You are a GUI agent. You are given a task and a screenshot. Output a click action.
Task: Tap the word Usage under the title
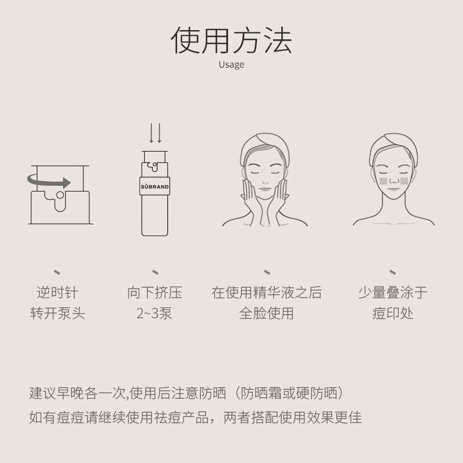click(x=231, y=65)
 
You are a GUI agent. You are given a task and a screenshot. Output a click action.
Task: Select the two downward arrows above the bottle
click(x=155, y=132)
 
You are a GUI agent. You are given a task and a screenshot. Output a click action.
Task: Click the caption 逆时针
click(x=57, y=293)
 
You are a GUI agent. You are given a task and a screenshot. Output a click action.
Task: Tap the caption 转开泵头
click(x=57, y=314)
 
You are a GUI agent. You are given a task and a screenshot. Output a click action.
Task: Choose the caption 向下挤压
click(x=155, y=293)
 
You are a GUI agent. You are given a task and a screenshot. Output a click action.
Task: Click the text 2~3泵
click(x=155, y=314)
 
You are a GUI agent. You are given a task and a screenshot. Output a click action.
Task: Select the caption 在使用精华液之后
click(x=266, y=293)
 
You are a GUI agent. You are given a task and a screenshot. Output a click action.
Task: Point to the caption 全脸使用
click(x=266, y=314)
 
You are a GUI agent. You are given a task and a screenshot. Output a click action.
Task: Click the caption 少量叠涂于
click(x=393, y=293)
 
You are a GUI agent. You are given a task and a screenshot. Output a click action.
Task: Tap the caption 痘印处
click(x=393, y=314)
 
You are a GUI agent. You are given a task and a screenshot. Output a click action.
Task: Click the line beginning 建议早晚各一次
click(x=188, y=394)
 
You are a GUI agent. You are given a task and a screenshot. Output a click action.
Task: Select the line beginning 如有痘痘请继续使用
click(x=195, y=417)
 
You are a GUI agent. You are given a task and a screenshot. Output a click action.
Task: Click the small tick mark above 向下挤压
click(x=155, y=271)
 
